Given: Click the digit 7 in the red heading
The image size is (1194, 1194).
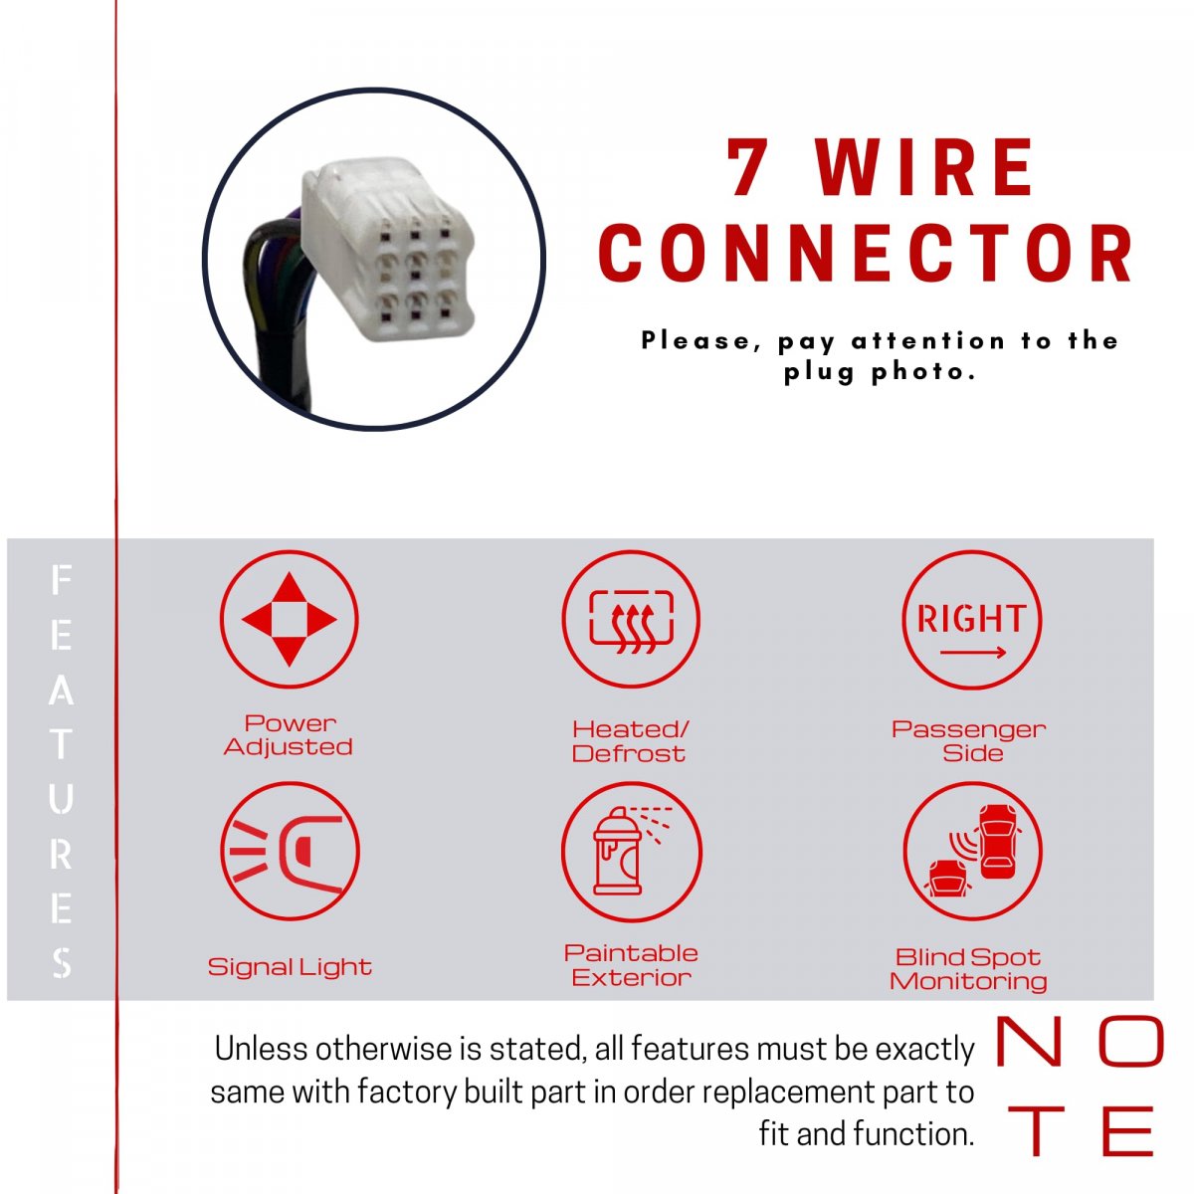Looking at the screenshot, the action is [x=747, y=167].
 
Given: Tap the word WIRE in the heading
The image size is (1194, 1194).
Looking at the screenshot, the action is [x=924, y=167].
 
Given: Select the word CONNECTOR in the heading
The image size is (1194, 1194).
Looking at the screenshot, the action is [x=867, y=253].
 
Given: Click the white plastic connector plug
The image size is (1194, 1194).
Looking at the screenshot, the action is [x=387, y=248].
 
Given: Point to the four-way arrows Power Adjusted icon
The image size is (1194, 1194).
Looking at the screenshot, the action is [x=289, y=619].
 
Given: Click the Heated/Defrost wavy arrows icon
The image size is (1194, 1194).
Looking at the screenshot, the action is [x=631, y=619].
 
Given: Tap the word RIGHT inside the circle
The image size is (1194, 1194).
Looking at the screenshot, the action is [x=971, y=618].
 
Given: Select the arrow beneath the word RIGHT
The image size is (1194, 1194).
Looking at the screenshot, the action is [x=972, y=653].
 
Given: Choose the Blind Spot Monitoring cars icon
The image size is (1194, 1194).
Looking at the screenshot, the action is [x=972, y=851].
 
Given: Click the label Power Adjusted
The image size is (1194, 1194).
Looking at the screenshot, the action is [x=289, y=735].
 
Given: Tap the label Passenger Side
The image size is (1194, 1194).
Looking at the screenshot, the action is [x=968, y=741].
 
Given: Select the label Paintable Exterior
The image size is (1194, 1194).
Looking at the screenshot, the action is [x=631, y=965].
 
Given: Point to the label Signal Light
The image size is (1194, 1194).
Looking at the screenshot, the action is [x=290, y=967].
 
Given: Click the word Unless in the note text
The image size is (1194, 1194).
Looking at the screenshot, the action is [x=261, y=1050].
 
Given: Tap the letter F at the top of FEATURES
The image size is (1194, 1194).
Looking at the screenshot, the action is [x=61, y=580].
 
